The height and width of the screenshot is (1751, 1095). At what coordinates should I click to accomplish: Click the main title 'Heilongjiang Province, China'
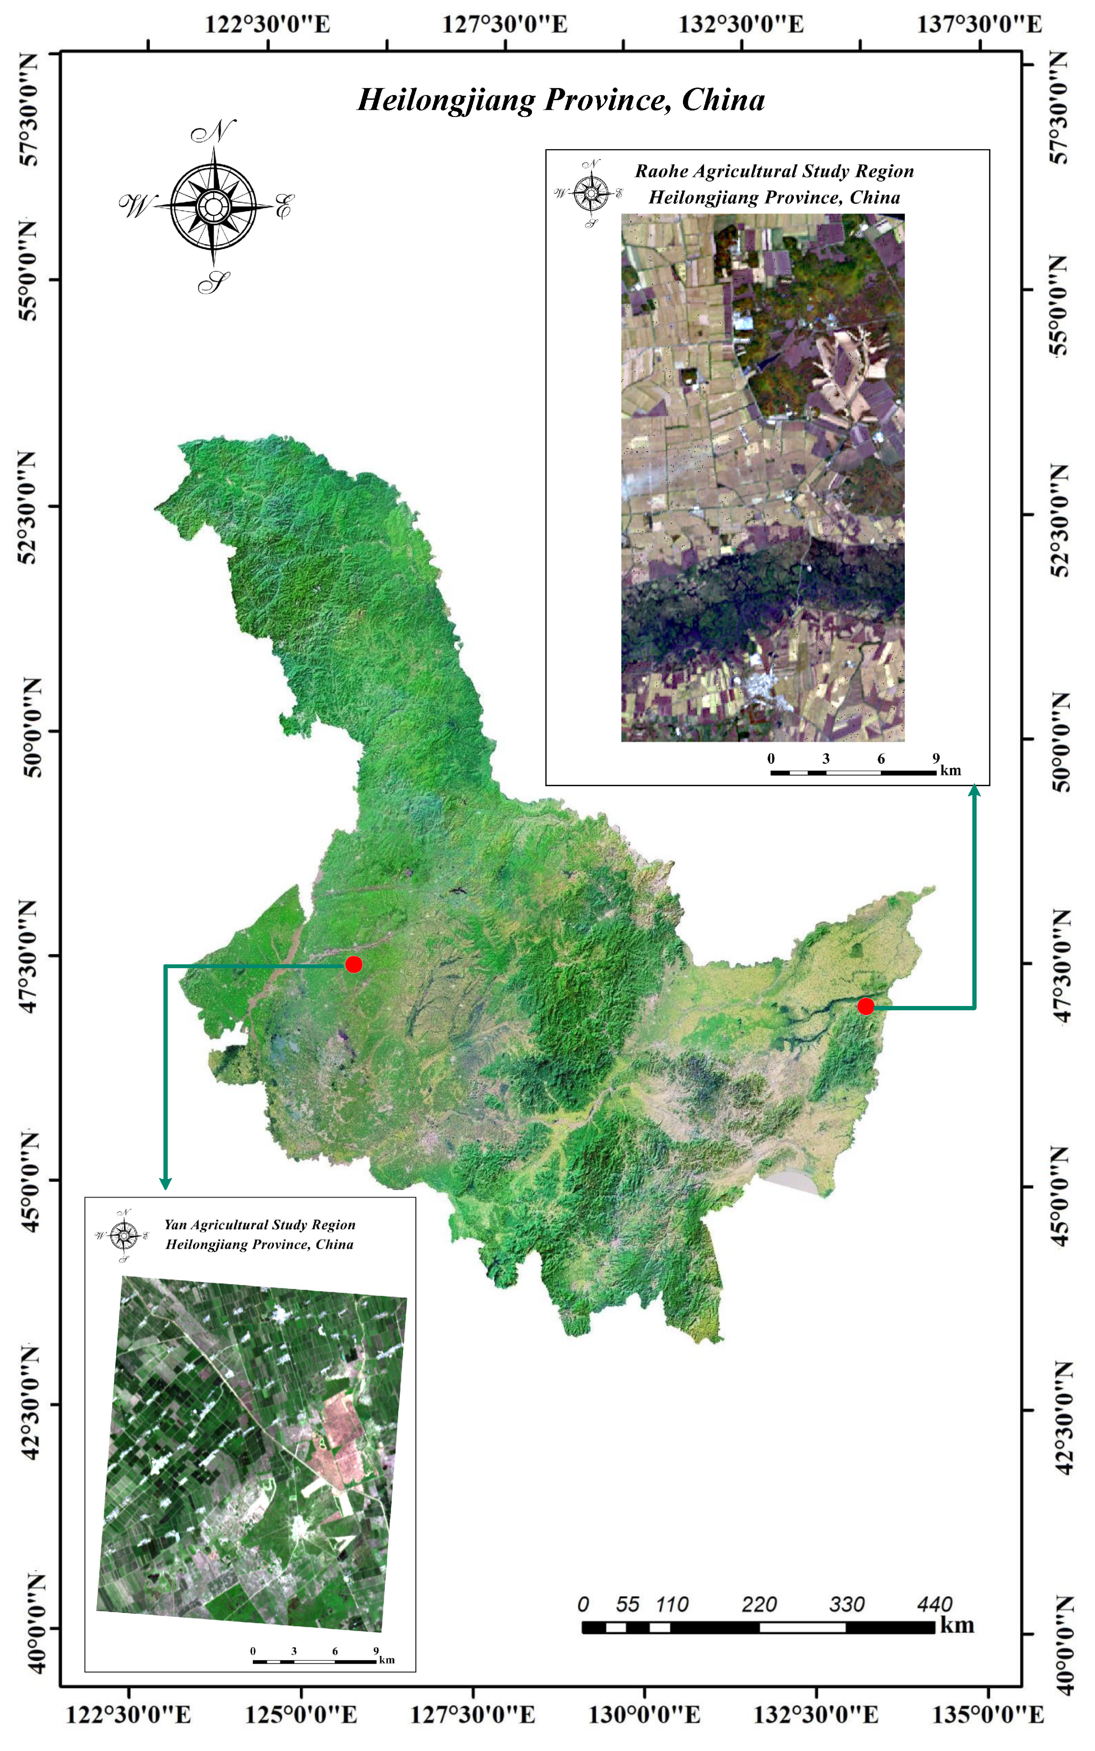point(561,100)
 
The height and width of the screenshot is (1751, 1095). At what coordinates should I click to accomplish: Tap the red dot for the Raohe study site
point(866,1006)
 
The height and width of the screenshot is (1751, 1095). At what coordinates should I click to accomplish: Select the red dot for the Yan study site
point(353,964)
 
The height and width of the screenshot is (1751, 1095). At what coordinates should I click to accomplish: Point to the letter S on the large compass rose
point(214,282)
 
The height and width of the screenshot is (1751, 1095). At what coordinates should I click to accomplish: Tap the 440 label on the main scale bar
point(934,1604)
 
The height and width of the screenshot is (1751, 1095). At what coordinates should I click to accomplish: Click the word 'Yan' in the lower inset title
point(175,1224)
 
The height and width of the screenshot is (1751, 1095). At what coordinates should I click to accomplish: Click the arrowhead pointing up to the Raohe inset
point(975,791)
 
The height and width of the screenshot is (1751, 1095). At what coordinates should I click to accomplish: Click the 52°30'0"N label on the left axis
point(28,507)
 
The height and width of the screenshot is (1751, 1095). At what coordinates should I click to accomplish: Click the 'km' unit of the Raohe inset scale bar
point(950,770)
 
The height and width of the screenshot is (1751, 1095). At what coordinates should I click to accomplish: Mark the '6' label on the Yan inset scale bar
point(335,1651)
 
